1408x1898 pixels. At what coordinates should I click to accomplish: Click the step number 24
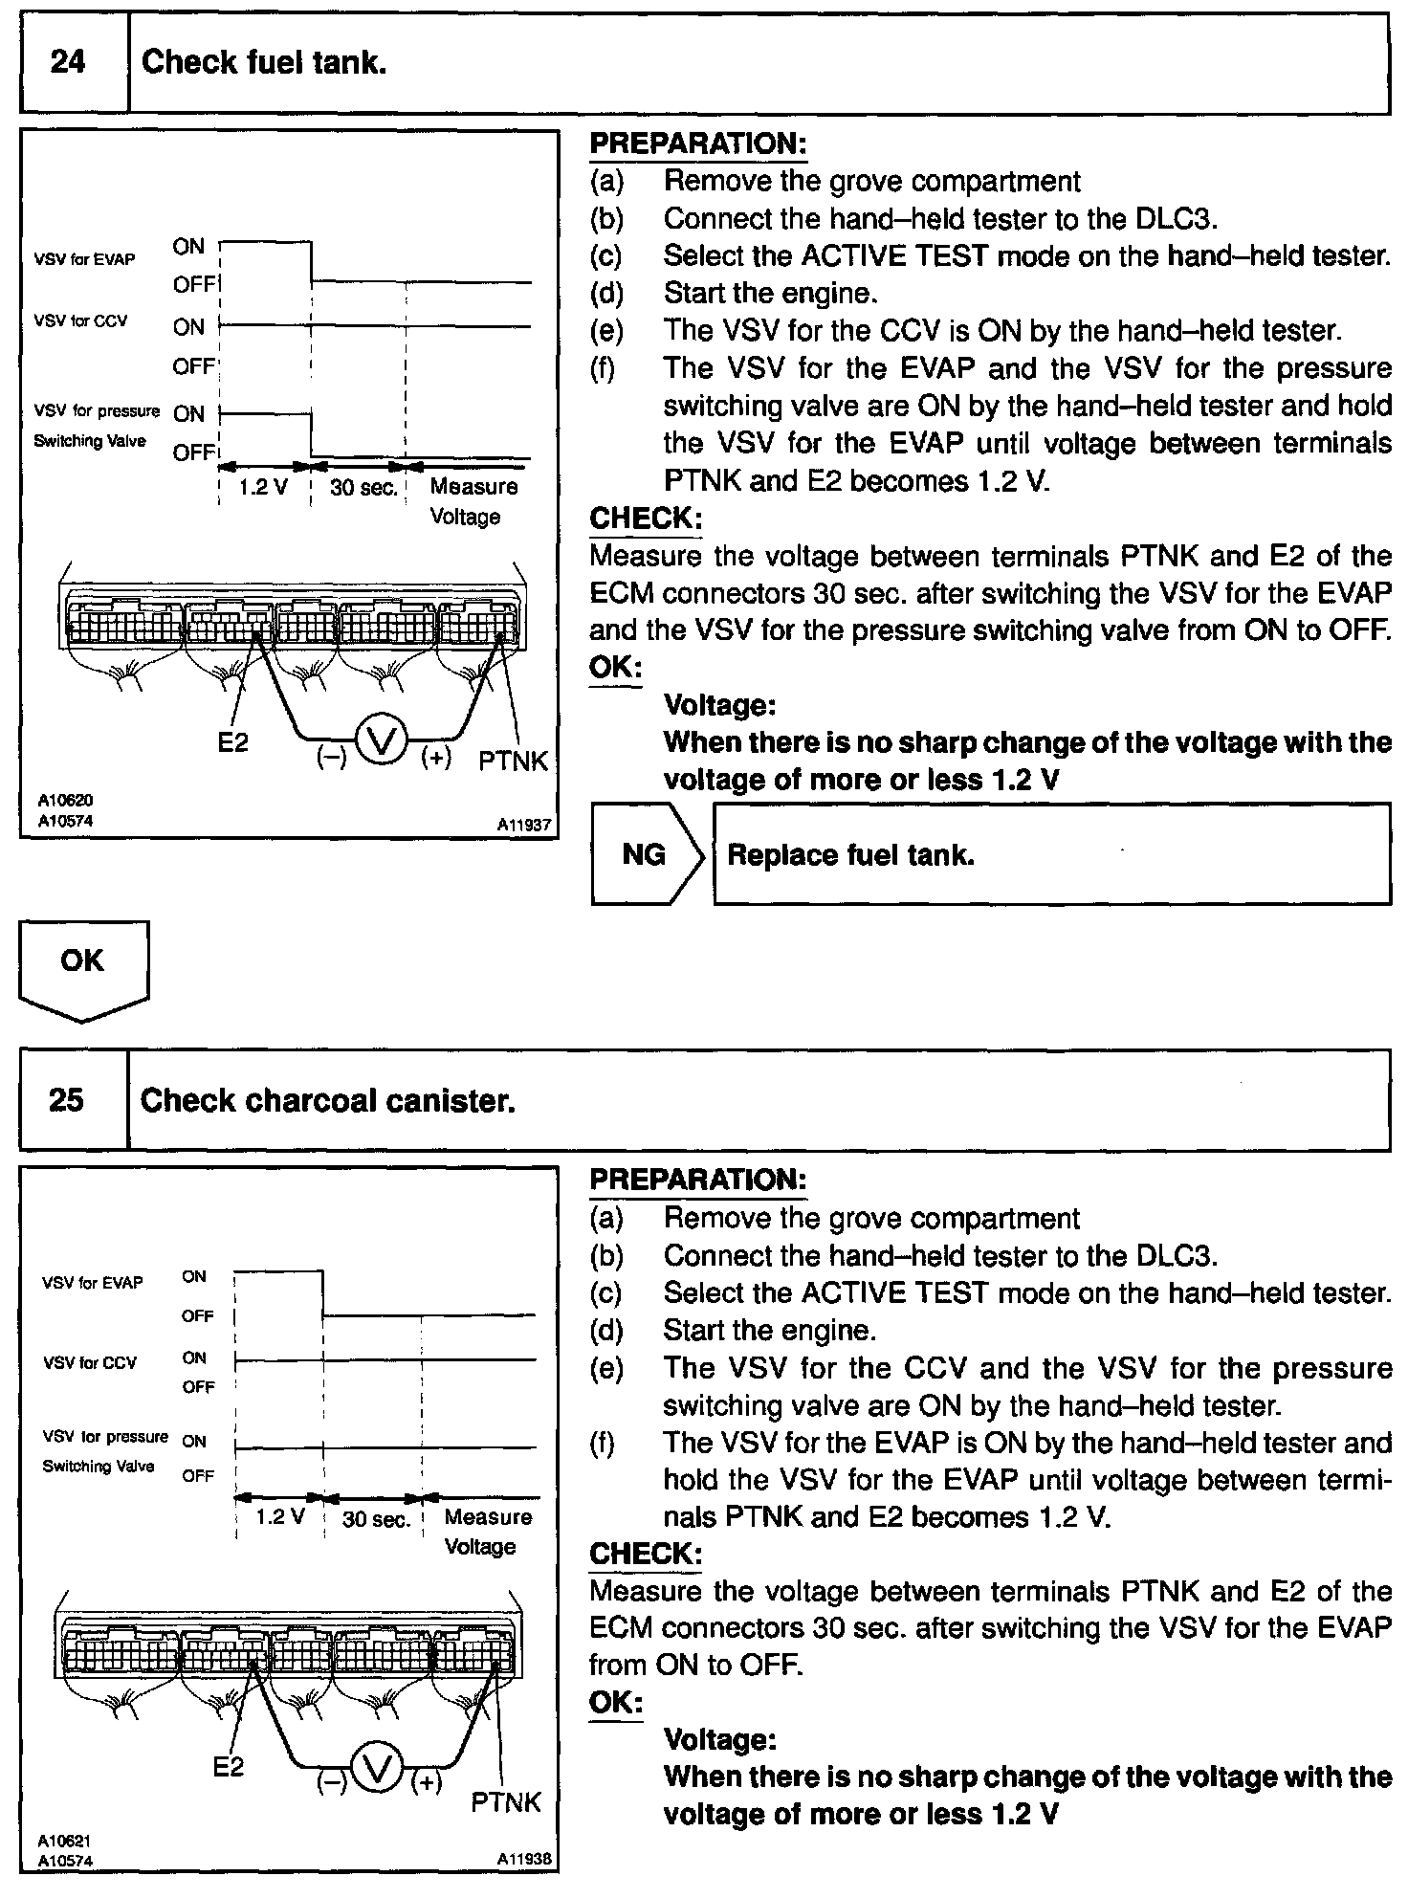68,63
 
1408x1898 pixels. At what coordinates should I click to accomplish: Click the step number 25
66,1100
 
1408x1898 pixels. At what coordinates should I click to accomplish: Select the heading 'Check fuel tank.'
264,63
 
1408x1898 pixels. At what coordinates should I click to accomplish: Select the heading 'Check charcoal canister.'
328,1100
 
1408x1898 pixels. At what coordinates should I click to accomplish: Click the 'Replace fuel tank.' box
1051,854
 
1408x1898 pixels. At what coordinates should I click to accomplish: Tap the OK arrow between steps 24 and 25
83,966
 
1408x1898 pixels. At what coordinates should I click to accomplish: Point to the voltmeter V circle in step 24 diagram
382,742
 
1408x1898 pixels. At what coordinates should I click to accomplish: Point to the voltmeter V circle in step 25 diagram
380,1772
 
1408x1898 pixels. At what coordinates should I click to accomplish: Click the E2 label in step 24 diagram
232,742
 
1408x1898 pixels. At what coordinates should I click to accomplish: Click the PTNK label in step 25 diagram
506,1802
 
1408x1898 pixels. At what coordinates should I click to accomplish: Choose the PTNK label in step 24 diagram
514,761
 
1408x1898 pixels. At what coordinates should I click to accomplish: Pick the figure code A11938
523,1859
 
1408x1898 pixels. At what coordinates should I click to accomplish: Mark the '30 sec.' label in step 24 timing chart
363,487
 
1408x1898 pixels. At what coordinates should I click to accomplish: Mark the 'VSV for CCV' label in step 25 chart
90,1362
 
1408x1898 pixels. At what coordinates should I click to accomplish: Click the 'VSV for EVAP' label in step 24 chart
85,259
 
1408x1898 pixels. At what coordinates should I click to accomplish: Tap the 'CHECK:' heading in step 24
646,519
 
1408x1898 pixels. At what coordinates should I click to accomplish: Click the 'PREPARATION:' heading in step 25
698,1180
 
